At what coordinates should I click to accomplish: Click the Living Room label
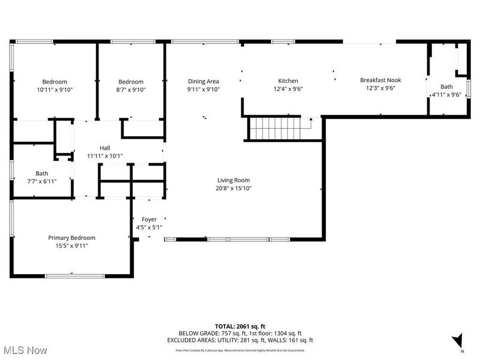[233, 180]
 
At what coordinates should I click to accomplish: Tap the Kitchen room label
[287, 81]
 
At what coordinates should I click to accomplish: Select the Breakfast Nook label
[380, 80]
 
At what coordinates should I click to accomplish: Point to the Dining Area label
[203, 82]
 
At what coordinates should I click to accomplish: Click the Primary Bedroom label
[71, 238]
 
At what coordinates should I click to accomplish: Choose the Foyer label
[149, 220]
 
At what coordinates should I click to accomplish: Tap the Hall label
[104, 148]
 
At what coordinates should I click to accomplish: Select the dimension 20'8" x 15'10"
[233, 188]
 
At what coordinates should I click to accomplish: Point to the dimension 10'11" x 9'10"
[54, 89]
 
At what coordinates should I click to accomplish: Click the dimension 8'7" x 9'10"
[130, 89]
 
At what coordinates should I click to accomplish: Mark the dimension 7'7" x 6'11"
[41, 181]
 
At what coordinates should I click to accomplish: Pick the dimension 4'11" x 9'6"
[447, 94]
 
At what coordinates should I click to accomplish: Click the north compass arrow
[458, 340]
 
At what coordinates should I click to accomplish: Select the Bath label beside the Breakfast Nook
[447, 86]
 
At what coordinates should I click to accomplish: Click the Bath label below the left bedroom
[41, 173]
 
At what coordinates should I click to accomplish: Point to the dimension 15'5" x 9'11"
[71, 245]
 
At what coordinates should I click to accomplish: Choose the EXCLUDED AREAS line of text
[240, 340]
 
